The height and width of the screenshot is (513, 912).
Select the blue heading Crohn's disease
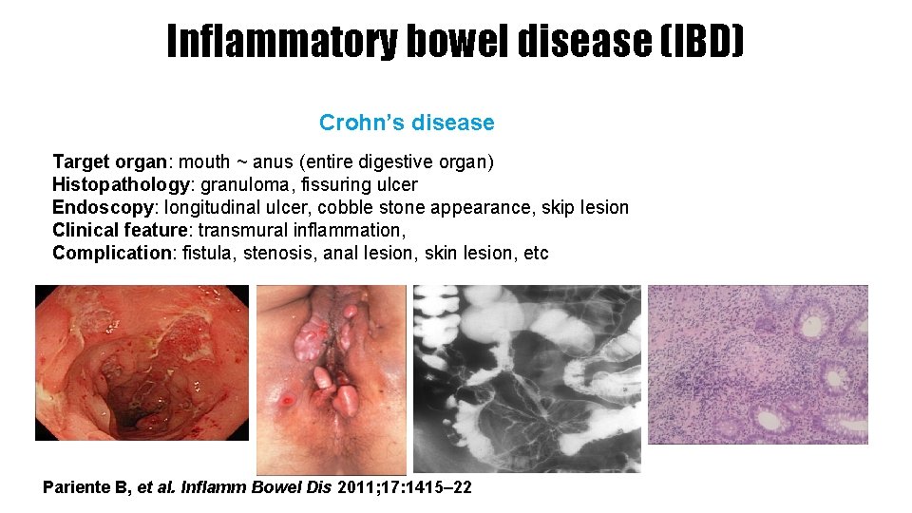pyautogui.click(x=407, y=123)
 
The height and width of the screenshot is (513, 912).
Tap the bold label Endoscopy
pyautogui.click(x=104, y=207)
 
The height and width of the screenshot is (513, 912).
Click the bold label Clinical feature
pyautogui.click(x=119, y=230)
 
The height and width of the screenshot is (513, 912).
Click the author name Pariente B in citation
pyautogui.click(x=84, y=487)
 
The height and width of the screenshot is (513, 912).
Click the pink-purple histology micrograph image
pyautogui.click(x=757, y=364)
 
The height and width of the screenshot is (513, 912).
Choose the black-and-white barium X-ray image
pyautogui.click(x=527, y=378)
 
